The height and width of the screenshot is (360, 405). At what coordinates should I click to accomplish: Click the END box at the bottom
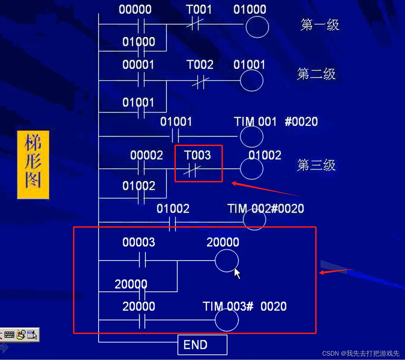coord(202,345)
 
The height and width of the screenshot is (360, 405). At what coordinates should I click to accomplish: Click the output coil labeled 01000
coord(257,27)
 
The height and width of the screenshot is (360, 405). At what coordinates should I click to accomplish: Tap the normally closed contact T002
coord(199,81)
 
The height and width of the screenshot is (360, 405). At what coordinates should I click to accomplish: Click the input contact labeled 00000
coord(141,25)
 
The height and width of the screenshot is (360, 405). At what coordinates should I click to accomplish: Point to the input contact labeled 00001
coord(141,80)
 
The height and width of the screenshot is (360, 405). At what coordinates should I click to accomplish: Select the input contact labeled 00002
coord(141,169)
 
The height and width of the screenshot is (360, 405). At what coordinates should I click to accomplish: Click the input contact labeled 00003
coord(142,260)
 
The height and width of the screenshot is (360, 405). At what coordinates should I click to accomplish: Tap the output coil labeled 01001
coord(252,80)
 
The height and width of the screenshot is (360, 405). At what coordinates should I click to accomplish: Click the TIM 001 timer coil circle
coord(252,136)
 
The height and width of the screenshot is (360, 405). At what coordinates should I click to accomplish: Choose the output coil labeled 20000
coord(227,261)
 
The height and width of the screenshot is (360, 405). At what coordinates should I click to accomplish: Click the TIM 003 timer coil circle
coord(227,320)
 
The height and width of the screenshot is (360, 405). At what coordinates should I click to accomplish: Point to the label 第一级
coord(320,25)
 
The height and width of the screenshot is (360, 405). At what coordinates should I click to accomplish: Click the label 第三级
coord(316,165)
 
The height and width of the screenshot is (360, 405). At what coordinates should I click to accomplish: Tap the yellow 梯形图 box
coord(33,165)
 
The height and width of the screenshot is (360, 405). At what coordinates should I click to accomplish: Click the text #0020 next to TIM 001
coord(301,122)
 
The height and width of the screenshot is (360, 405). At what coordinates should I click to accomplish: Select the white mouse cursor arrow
coord(237,273)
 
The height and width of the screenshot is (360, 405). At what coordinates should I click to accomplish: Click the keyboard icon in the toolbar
coord(9,335)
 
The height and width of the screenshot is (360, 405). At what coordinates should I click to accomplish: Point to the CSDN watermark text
coord(361,353)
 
